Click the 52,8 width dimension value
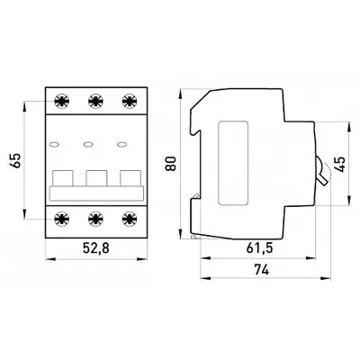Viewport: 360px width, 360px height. [96, 248]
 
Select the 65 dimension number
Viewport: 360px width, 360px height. [16, 160]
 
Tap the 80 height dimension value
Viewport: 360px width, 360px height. [171, 164]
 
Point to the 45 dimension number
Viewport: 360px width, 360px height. [340, 164]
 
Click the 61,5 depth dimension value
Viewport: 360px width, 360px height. [260, 248]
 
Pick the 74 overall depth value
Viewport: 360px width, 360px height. [262, 270]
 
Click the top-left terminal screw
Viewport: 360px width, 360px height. [62, 101]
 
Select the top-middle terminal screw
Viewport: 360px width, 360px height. [96, 101]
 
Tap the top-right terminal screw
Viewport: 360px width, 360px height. [130, 101]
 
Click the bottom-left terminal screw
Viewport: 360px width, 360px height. [62, 219]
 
